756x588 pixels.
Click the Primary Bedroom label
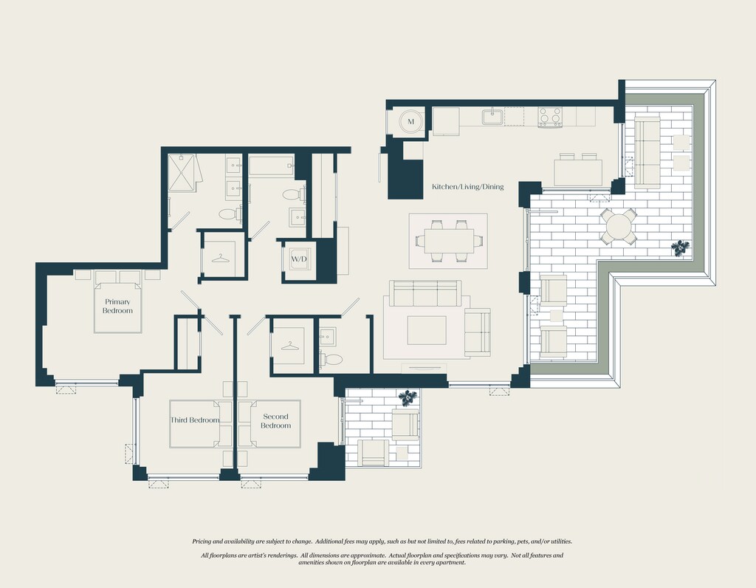click(117, 307)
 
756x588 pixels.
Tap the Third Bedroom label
click(195, 420)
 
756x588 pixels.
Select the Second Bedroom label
click(276, 420)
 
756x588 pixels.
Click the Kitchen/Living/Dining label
click(467, 187)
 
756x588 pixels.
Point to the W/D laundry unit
click(299, 259)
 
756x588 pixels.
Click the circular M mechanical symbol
click(410, 122)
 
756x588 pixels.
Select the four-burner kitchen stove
click(550, 117)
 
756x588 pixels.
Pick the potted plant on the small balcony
click(408, 397)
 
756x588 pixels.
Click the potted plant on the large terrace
click(680, 248)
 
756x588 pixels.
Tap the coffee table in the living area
click(427, 330)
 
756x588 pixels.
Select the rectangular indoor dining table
click(449, 241)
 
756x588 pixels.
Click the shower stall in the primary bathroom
click(182, 173)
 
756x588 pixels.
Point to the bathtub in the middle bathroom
click(271, 165)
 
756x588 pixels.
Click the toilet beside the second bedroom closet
click(331, 359)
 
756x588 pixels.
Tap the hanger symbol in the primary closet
click(220, 258)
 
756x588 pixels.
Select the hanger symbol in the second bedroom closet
click(289, 346)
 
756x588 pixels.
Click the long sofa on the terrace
click(647, 151)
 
